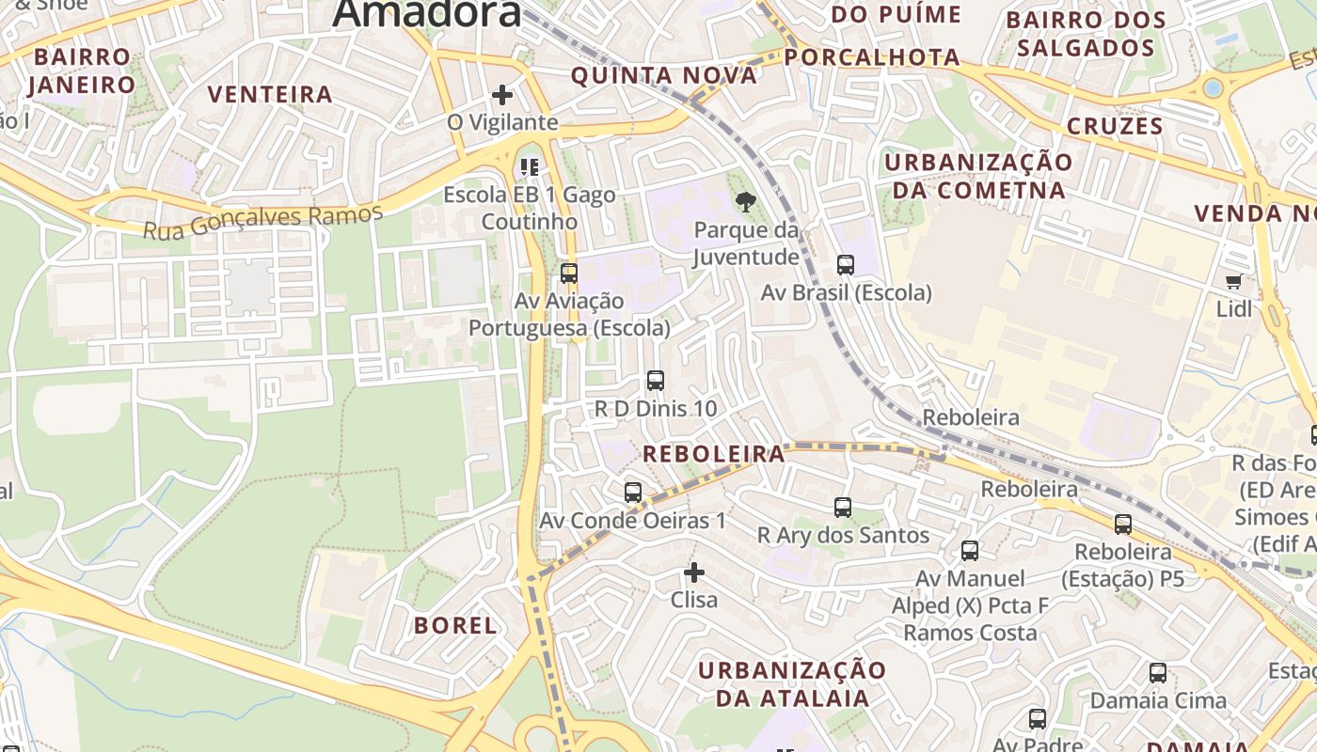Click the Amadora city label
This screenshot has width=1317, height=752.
(x=426, y=13)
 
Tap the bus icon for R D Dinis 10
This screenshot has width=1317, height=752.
(x=656, y=381)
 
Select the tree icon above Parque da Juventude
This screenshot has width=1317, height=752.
(x=746, y=201)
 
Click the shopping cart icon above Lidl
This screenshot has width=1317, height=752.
(x=1233, y=281)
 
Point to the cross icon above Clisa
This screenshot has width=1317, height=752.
(x=694, y=572)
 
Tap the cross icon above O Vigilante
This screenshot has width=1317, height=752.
(x=502, y=94)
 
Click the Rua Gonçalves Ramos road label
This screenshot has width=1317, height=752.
(x=263, y=221)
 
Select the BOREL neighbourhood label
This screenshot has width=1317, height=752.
(x=455, y=625)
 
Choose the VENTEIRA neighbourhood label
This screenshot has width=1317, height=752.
(x=270, y=94)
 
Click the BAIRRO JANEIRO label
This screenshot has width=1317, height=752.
(x=82, y=70)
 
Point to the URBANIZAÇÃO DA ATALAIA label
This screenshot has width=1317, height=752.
(x=792, y=683)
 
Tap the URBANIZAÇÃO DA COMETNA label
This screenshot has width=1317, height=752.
(x=978, y=176)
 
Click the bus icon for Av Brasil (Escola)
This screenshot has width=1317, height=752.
(x=846, y=265)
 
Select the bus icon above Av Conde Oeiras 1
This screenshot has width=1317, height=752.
(x=633, y=492)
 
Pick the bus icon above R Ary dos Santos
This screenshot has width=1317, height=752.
(x=843, y=508)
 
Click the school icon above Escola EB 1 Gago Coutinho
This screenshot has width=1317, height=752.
(x=530, y=167)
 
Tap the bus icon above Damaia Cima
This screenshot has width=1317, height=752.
(x=1158, y=673)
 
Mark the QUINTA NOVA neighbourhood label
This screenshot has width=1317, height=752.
(x=663, y=75)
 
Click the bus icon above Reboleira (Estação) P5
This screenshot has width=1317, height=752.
(x=1123, y=525)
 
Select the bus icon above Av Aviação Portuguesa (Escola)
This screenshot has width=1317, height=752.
(x=569, y=274)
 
